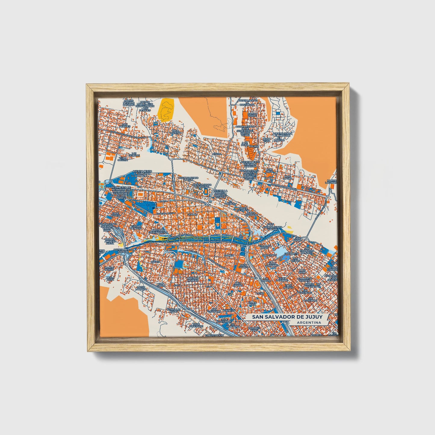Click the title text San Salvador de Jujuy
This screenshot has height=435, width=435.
(x=287, y=317)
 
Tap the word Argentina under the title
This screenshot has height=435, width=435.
(x=308, y=323)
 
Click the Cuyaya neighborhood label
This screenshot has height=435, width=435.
(x=156, y=262)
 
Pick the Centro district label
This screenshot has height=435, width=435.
(x=192, y=214)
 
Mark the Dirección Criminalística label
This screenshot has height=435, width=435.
(x=158, y=231)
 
